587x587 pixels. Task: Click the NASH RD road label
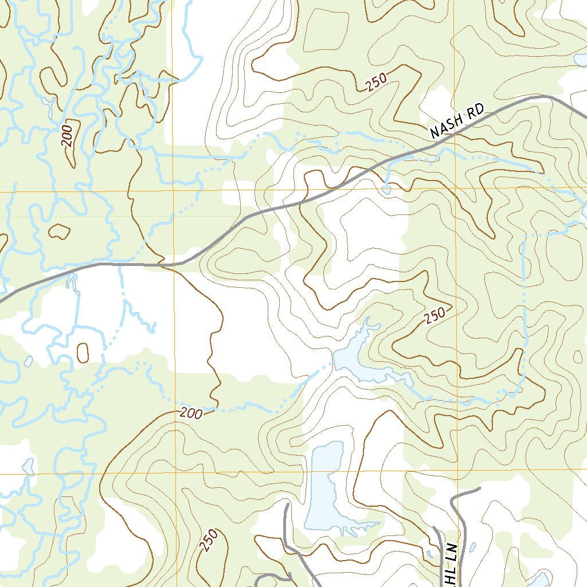pos(457,121)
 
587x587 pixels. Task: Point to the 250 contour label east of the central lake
pos(436,316)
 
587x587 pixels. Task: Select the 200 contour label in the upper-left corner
pos(68,135)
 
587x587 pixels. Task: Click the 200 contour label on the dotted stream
pos(190,413)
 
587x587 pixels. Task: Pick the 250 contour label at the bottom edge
pos(209,540)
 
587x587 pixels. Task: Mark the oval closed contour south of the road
pos(83,352)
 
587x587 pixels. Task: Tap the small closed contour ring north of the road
pos(58,232)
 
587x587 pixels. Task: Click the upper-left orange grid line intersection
pos(173,190)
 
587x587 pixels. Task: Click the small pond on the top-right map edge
pos(580,58)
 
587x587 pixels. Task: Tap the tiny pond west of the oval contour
pos(29,361)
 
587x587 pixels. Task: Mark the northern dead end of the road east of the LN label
pos(479,490)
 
